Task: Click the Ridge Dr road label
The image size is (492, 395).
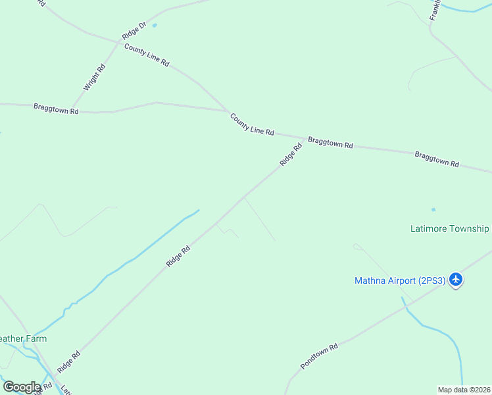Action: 133,30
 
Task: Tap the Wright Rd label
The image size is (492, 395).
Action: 94,77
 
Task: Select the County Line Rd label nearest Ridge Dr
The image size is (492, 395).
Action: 147,55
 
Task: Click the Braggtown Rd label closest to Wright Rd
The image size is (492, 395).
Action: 56,108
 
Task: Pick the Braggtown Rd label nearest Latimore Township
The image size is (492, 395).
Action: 437,159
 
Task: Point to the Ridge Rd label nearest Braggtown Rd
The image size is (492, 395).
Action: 290,155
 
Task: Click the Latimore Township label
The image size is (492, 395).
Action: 449,228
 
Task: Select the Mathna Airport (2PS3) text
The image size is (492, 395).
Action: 400,280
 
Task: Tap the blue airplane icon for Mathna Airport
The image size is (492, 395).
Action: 456,280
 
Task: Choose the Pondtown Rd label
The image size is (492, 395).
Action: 319,355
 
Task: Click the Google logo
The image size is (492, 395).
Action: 22,387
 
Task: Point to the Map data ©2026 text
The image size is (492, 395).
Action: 464,390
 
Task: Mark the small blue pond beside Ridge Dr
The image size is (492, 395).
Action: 155,26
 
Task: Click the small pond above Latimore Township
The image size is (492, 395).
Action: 433,210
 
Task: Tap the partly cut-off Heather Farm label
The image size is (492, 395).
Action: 23,338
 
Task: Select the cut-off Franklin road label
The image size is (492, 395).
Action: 435,10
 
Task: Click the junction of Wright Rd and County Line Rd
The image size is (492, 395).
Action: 119,43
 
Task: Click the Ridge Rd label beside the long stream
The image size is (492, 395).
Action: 178,255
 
